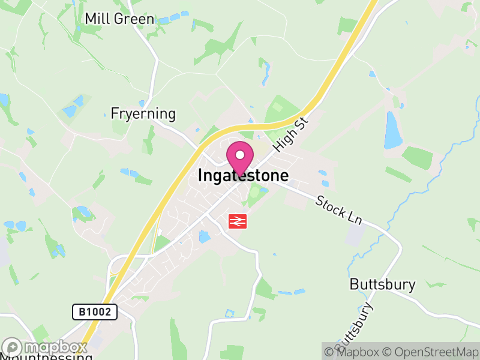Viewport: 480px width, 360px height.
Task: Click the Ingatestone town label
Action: coord(243,176)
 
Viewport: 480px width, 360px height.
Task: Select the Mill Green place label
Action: coord(119,19)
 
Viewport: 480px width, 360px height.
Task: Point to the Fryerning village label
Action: coord(143,113)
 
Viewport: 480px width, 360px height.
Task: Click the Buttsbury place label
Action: coord(382,284)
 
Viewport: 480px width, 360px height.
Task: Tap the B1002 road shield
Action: coord(95,311)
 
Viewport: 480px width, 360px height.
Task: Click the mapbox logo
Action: coord(44,347)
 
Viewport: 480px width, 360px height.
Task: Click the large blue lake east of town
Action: coord(393,130)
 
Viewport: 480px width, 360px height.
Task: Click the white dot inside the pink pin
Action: coord(240,155)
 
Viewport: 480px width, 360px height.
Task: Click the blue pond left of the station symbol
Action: coord(205,237)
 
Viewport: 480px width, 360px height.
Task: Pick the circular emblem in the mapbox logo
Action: coord(12,347)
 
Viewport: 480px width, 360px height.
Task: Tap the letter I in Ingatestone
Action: coord(200,176)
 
